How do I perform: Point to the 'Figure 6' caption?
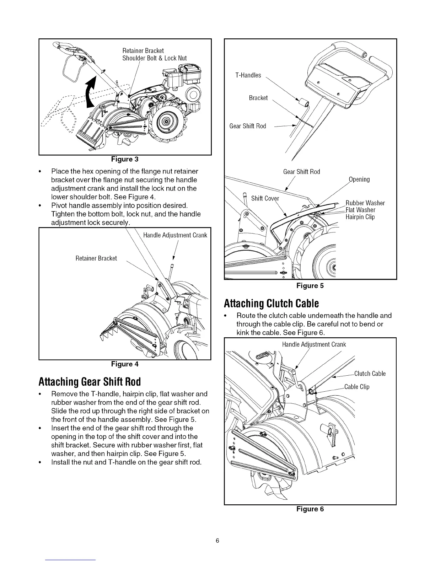pos(310,509)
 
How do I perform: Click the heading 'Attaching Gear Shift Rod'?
pos(90,381)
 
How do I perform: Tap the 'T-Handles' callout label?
pos(248,75)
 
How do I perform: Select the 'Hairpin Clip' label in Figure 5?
pos(360,217)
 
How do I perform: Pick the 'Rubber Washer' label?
pos(365,203)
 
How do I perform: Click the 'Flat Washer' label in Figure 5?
pos(360,210)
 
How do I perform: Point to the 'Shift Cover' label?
pos(265,198)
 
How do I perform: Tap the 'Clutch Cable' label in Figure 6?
pos(370,374)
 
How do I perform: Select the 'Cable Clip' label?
pos(357,387)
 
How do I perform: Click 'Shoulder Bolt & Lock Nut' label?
pos(154,58)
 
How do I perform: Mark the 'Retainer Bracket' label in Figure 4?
pos(96,258)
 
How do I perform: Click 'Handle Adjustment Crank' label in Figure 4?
pos(175,235)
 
